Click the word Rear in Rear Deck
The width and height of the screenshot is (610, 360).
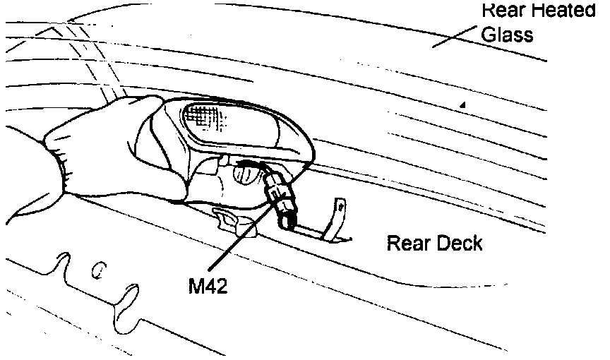click(x=408, y=244)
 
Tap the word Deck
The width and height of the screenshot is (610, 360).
click(x=458, y=244)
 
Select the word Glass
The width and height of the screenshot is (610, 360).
click(x=507, y=34)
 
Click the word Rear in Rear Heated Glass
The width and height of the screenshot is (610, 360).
click(x=503, y=10)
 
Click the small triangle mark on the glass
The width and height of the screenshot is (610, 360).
click(x=463, y=104)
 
